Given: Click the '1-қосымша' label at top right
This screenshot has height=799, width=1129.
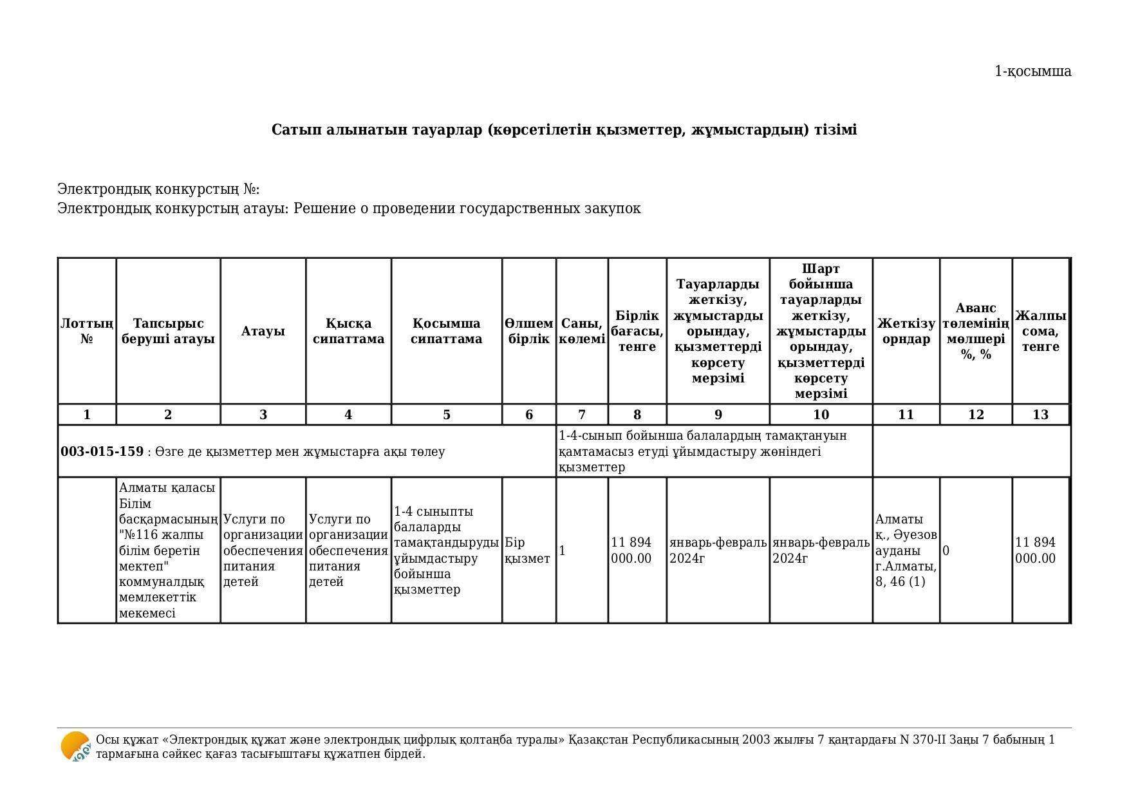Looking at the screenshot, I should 1032,71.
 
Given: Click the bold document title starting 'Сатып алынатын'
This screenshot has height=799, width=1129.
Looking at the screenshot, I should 564,130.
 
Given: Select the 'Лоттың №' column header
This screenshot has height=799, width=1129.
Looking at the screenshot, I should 87,331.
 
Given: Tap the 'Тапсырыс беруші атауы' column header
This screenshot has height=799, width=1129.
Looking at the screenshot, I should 168,331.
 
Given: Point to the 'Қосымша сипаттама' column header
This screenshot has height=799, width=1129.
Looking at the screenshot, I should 446,331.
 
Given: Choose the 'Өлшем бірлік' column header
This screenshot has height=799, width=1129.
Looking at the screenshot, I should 528,331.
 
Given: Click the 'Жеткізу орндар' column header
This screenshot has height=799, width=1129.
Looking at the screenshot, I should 906,331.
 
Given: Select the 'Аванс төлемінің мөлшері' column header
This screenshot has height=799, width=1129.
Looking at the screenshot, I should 975,331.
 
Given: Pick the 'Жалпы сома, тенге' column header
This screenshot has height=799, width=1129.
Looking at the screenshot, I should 1040,331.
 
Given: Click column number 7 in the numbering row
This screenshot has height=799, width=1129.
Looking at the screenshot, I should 582,415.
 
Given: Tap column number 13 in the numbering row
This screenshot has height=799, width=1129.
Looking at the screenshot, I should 1040,415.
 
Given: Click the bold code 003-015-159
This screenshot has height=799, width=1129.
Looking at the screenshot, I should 102,451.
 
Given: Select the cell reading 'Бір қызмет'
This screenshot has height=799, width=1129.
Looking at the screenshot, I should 527,550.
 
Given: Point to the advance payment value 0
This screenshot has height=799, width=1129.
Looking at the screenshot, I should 946,550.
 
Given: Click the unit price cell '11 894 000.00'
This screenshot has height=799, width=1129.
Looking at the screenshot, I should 631,550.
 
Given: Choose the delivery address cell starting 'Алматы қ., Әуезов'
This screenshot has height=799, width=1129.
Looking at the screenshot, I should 906,550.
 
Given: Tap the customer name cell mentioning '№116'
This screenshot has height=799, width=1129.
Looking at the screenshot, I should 168,550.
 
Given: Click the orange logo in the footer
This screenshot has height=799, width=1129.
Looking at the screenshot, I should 75,747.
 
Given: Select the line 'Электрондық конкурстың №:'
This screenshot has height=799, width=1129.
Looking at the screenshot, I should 158,189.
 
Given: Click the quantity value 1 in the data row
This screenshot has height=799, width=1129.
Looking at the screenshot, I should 563,550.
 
